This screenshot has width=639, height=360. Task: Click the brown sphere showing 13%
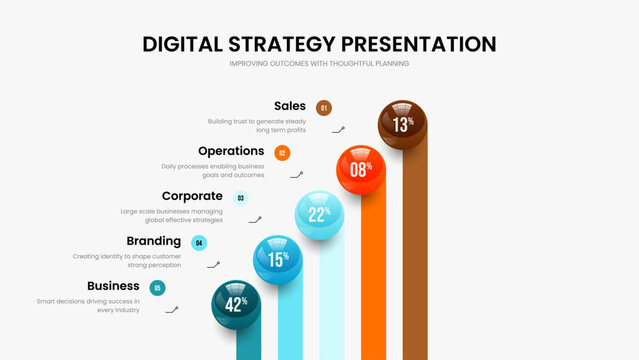(x=402, y=124)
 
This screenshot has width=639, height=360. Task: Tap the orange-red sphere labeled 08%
(x=360, y=169)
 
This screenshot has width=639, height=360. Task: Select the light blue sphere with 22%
(x=319, y=215)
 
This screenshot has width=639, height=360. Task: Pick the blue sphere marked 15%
(x=277, y=259)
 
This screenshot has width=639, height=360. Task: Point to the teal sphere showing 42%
(x=236, y=304)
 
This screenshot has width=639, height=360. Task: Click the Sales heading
(x=290, y=106)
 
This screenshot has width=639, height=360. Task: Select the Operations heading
(x=231, y=151)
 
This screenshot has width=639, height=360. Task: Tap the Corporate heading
(x=192, y=196)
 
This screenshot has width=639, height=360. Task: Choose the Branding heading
(x=154, y=241)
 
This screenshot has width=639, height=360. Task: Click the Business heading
(x=113, y=286)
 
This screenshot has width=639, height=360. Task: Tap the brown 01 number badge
(x=323, y=108)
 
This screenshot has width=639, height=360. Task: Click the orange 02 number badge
(x=282, y=153)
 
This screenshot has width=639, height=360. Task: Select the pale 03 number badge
(x=240, y=198)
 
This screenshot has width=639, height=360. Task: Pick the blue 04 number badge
(x=199, y=243)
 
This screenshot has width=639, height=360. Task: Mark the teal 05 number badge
(x=157, y=288)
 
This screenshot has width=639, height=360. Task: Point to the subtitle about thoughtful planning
(x=319, y=64)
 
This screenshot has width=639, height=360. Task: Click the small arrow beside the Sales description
(x=339, y=129)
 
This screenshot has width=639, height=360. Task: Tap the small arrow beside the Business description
(x=172, y=310)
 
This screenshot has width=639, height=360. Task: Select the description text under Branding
(x=127, y=260)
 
